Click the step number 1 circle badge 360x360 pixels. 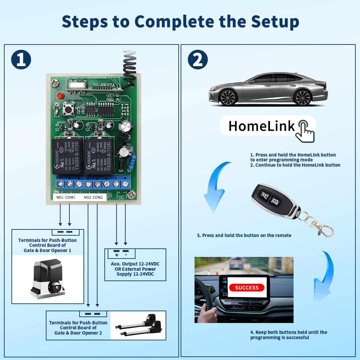coord(21,60)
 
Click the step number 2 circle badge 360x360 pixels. coord(198,60)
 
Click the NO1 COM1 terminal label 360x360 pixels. coord(66,197)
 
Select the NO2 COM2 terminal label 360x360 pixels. coord(93,197)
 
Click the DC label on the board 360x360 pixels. coord(121,197)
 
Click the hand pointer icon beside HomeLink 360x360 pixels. coord(305,131)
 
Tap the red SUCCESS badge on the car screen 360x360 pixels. coord(247,288)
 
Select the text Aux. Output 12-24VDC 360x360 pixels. coord(135,264)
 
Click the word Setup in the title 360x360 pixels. coord(275,22)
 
